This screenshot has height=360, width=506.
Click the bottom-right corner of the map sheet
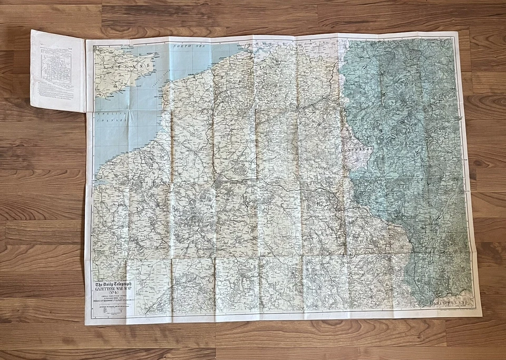[x=481, y=316]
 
